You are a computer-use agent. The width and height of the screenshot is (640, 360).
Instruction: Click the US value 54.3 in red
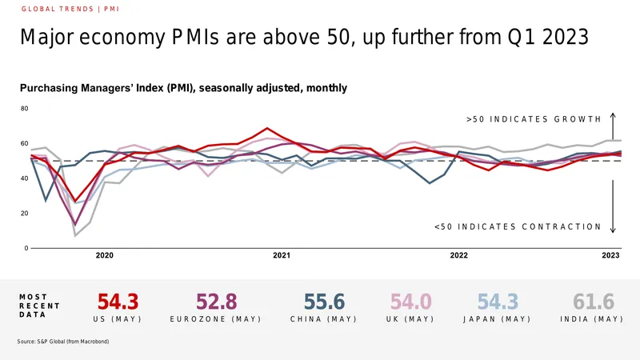(118, 302)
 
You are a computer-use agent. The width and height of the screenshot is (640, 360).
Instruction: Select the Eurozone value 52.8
(216, 302)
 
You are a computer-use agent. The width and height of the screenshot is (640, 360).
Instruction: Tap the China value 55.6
(324, 302)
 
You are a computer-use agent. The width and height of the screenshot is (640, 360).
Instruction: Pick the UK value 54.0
(410, 302)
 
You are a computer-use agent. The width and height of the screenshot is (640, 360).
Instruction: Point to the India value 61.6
(594, 302)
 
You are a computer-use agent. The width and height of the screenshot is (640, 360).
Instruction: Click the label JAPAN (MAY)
(497, 319)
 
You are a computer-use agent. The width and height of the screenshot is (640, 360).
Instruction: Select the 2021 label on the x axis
(282, 255)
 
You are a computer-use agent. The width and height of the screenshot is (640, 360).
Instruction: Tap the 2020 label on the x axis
(105, 255)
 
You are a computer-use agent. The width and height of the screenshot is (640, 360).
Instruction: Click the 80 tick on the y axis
(25, 109)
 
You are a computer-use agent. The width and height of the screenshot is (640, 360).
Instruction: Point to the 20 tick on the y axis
(25, 214)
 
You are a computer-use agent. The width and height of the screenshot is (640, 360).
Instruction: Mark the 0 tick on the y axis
(26, 248)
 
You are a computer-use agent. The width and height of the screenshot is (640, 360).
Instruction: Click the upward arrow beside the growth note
(613, 126)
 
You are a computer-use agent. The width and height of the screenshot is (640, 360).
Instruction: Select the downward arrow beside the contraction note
(613, 206)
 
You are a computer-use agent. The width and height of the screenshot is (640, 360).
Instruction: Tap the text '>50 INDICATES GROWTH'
(534, 119)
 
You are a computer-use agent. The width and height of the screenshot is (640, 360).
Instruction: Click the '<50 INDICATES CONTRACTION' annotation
(518, 227)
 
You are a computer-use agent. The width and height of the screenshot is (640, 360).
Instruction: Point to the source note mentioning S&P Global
(63, 342)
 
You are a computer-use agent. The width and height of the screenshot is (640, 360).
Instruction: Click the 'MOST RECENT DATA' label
(39, 306)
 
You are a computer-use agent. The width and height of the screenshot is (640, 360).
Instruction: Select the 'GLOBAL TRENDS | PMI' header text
(70, 9)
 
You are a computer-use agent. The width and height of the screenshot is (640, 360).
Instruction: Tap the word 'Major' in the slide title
(47, 37)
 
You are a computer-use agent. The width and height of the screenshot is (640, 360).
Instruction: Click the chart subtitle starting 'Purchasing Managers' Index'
(184, 88)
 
